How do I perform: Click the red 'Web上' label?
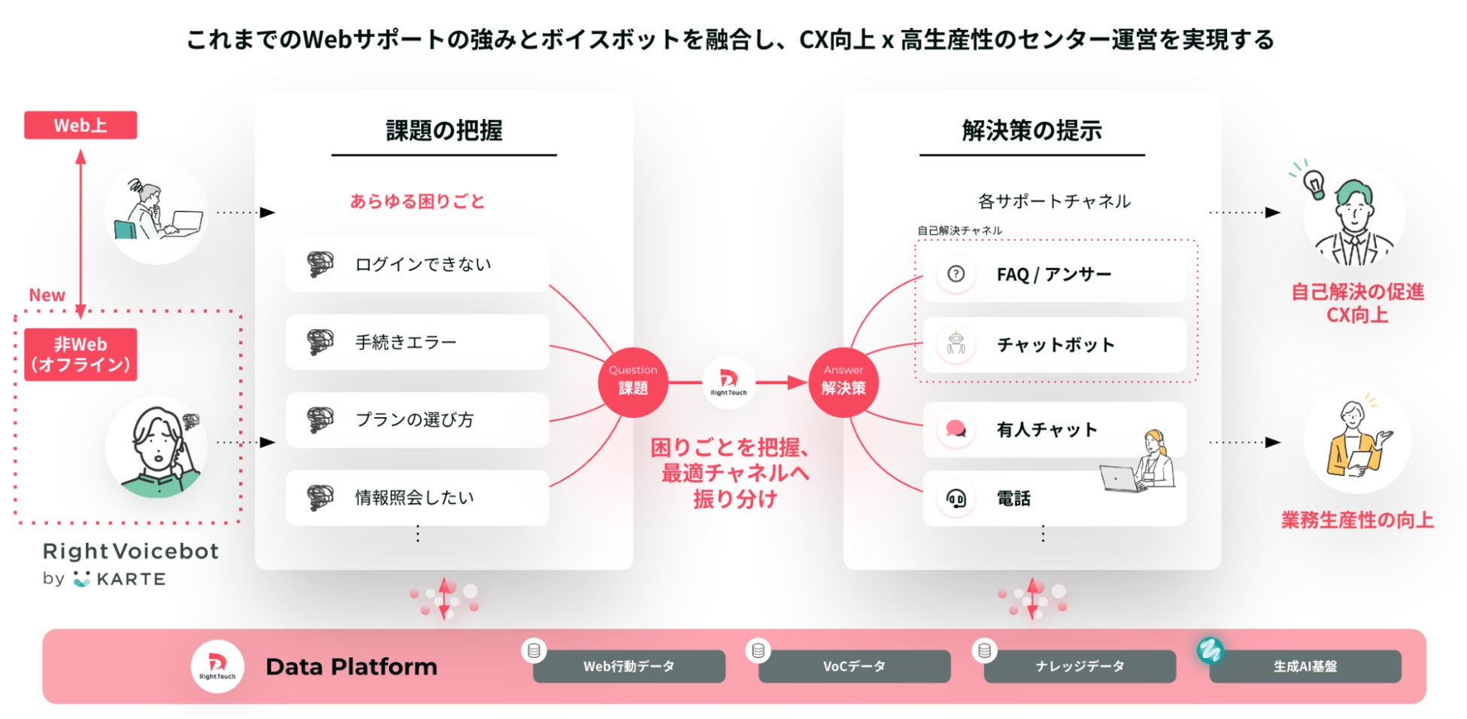click(x=80, y=125)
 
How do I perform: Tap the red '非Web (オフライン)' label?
click(x=80, y=355)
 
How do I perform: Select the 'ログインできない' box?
click(x=418, y=264)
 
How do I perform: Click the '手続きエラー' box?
click(x=418, y=342)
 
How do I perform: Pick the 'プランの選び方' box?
click(x=418, y=419)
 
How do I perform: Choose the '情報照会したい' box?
click(x=418, y=497)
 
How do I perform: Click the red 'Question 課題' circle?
click(x=633, y=382)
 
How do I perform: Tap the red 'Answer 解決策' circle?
click(x=843, y=382)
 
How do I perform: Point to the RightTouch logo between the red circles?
click(x=728, y=382)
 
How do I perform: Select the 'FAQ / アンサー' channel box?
click(x=1054, y=275)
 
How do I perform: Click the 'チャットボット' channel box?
click(x=1054, y=345)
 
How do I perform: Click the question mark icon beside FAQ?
click(x=956, y=274)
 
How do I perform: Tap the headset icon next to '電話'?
click(x=956, y=498)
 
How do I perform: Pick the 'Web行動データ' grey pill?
click(x=629, y=666)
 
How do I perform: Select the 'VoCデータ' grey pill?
click(x=854, y=666)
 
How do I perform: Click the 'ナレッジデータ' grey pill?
click(x=1080, y=666)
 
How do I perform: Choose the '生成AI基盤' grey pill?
click(x=1305, y=666)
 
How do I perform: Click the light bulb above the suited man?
click(x=1314, y=183)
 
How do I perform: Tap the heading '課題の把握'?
click(x=444, y=131)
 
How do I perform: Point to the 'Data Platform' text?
click(x=351, y=667)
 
